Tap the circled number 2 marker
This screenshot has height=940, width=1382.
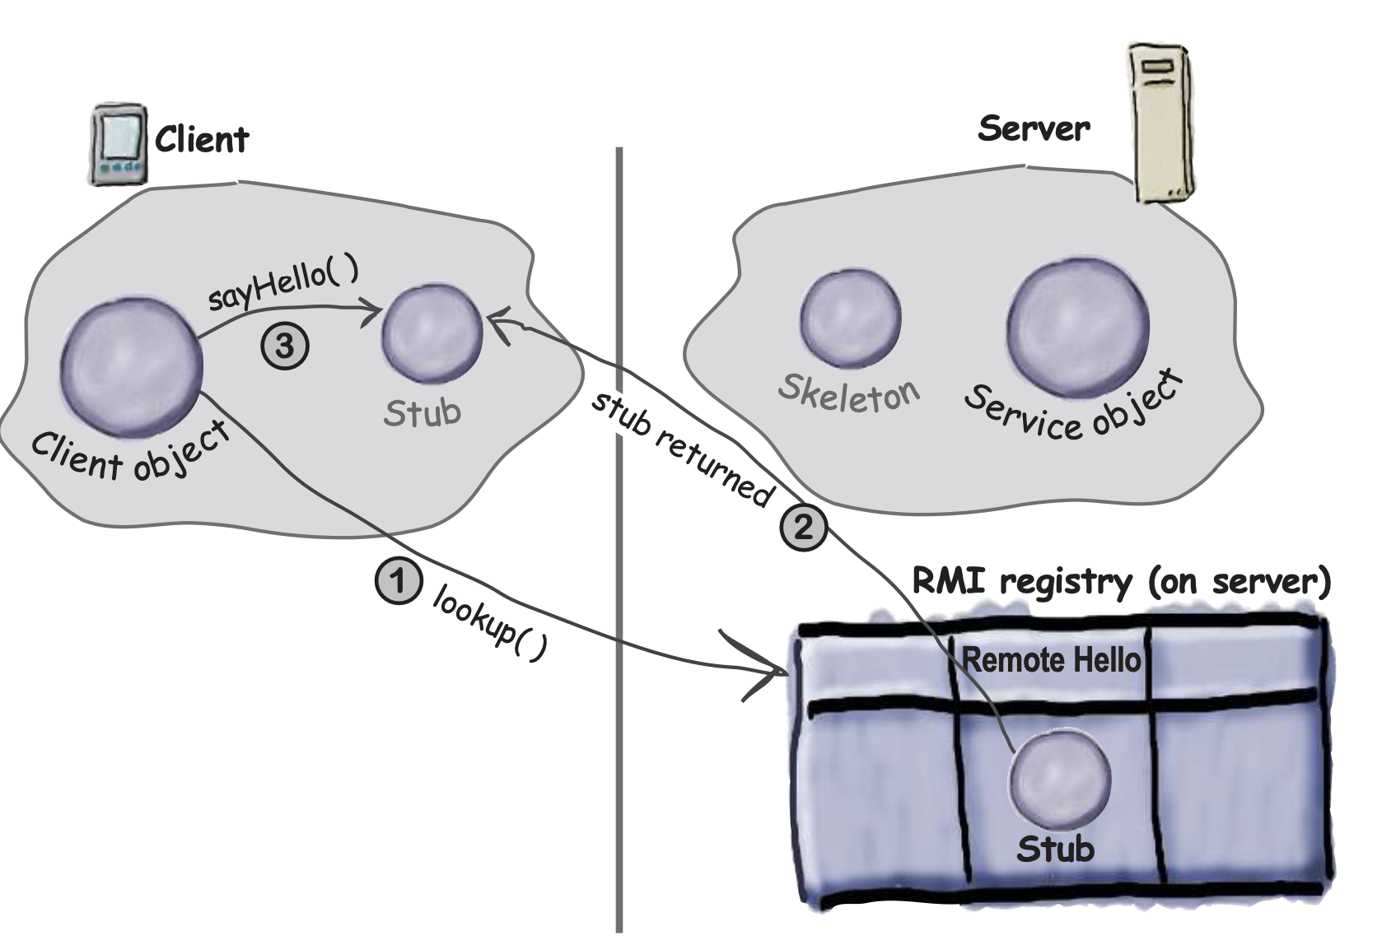pos(802,525)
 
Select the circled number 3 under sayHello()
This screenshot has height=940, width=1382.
pos(285,346)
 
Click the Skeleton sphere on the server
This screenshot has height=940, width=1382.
pos(851,319)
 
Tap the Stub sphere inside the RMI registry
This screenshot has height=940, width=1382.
pos(1060,778)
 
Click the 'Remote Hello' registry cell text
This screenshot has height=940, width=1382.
pos(1051,659)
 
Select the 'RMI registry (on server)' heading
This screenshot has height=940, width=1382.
pos(1122,582)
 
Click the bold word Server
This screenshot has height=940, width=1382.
pos(1034,128)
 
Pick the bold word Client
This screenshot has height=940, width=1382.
pos(202,140)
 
